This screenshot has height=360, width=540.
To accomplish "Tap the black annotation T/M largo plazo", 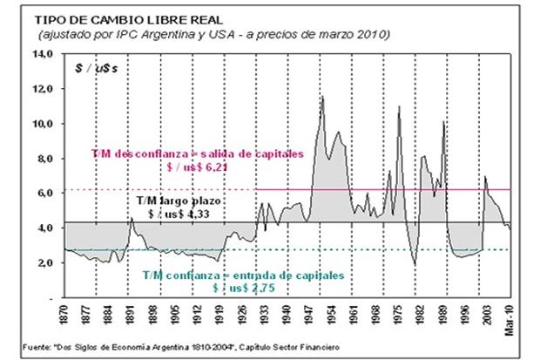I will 185,200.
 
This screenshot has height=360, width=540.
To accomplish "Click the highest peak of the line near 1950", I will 322,97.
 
